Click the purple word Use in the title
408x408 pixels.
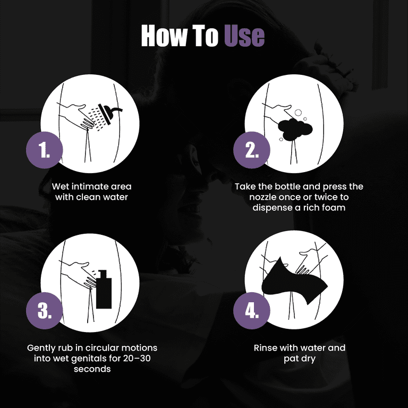click(x=244, y=36)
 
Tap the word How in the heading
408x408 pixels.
click(x=165, y=36)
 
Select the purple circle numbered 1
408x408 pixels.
click(x=44, y=150)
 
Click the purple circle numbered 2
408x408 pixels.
click(x=252, y=150)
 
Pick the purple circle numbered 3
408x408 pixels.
click(x=44, y=311)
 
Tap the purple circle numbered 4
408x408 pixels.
click(x=252, y=311)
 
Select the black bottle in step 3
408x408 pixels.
click(x=104, y=290)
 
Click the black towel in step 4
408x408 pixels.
click(x=294, y=282)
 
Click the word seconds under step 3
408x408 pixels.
click(x=92, y=369)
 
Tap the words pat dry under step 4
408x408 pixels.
click(x=300, y=359)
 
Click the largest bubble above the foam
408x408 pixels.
click(x=298, y=113)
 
